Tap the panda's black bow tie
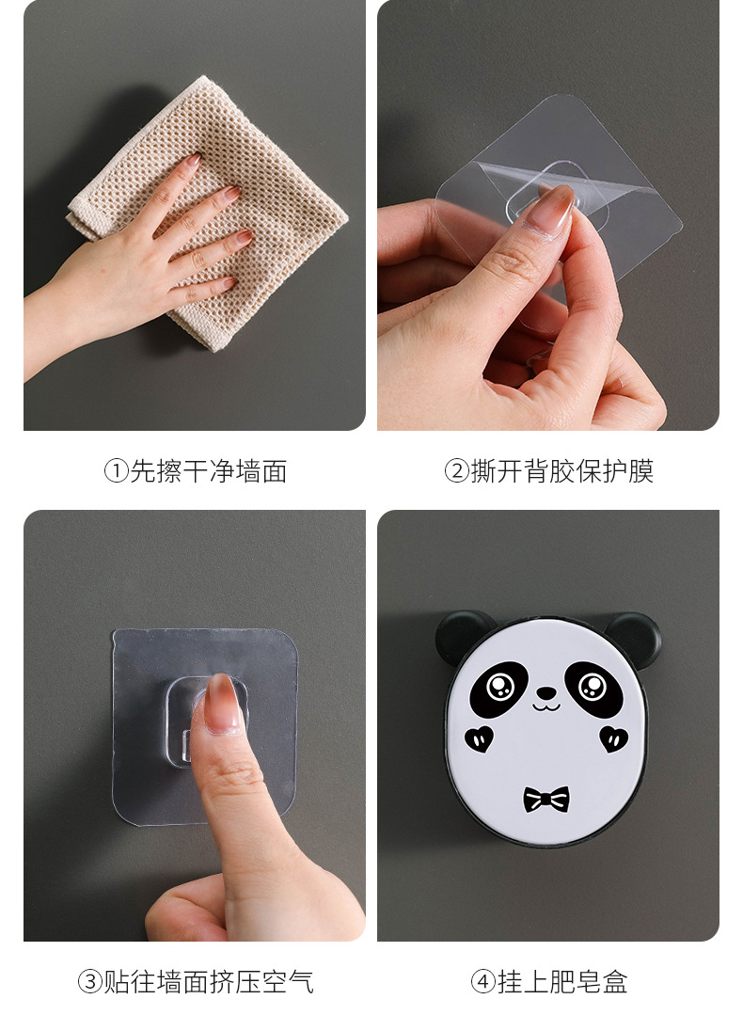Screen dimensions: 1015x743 pos(546,800)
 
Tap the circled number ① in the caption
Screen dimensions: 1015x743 pos(115,471)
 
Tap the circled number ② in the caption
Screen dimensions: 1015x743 pos(456,471)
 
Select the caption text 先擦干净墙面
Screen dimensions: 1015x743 pos(208,471)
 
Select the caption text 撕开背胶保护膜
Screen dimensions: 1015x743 pos(561,471)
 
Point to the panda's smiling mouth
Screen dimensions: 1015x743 pos(545,706)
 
